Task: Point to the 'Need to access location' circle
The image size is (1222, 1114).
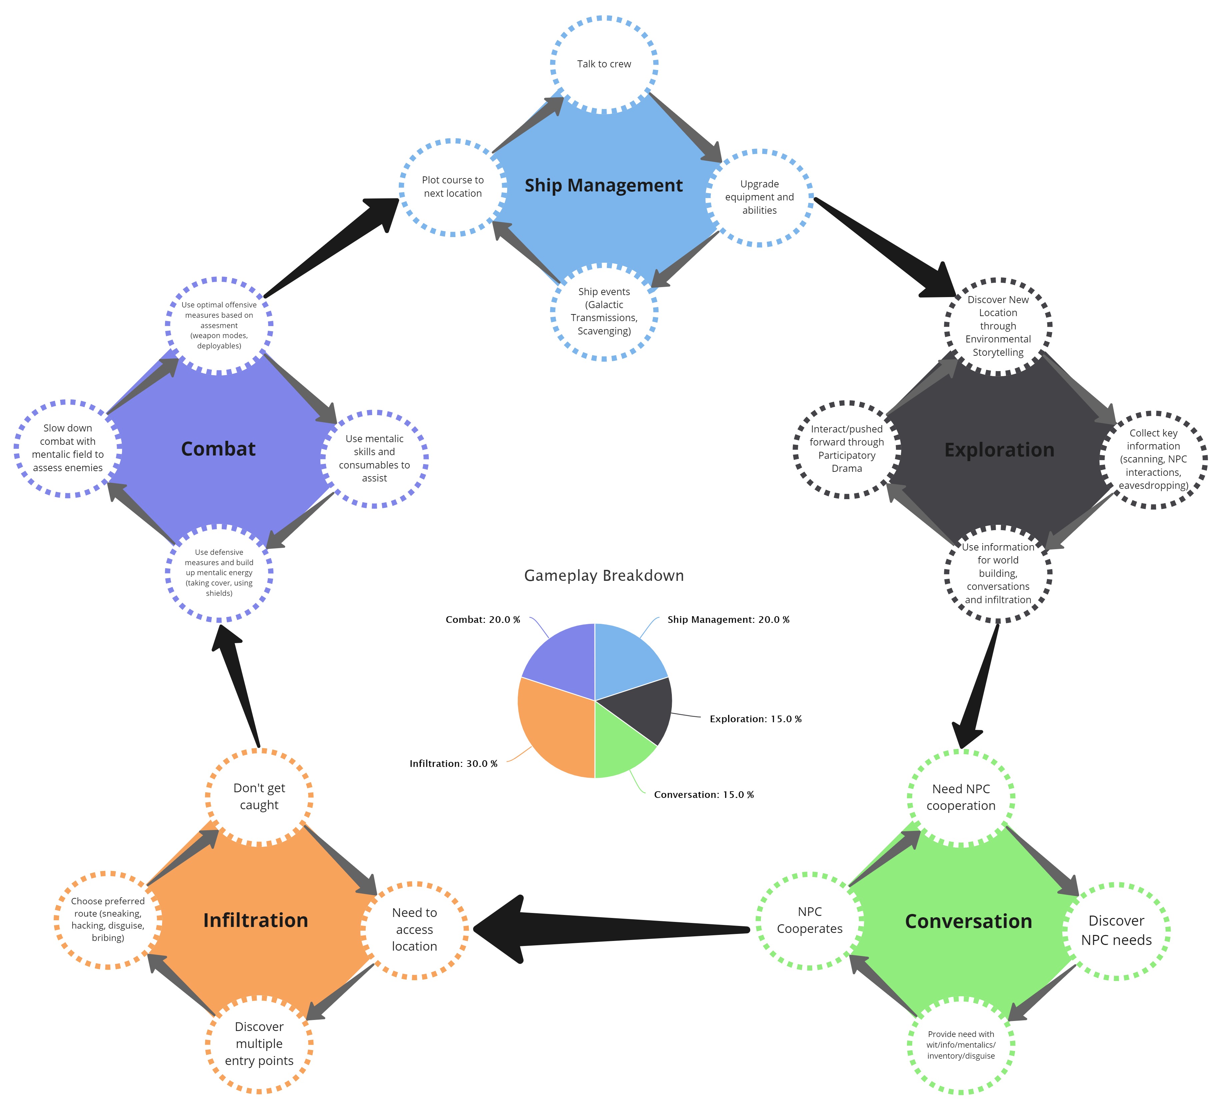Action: click(414, 929)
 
